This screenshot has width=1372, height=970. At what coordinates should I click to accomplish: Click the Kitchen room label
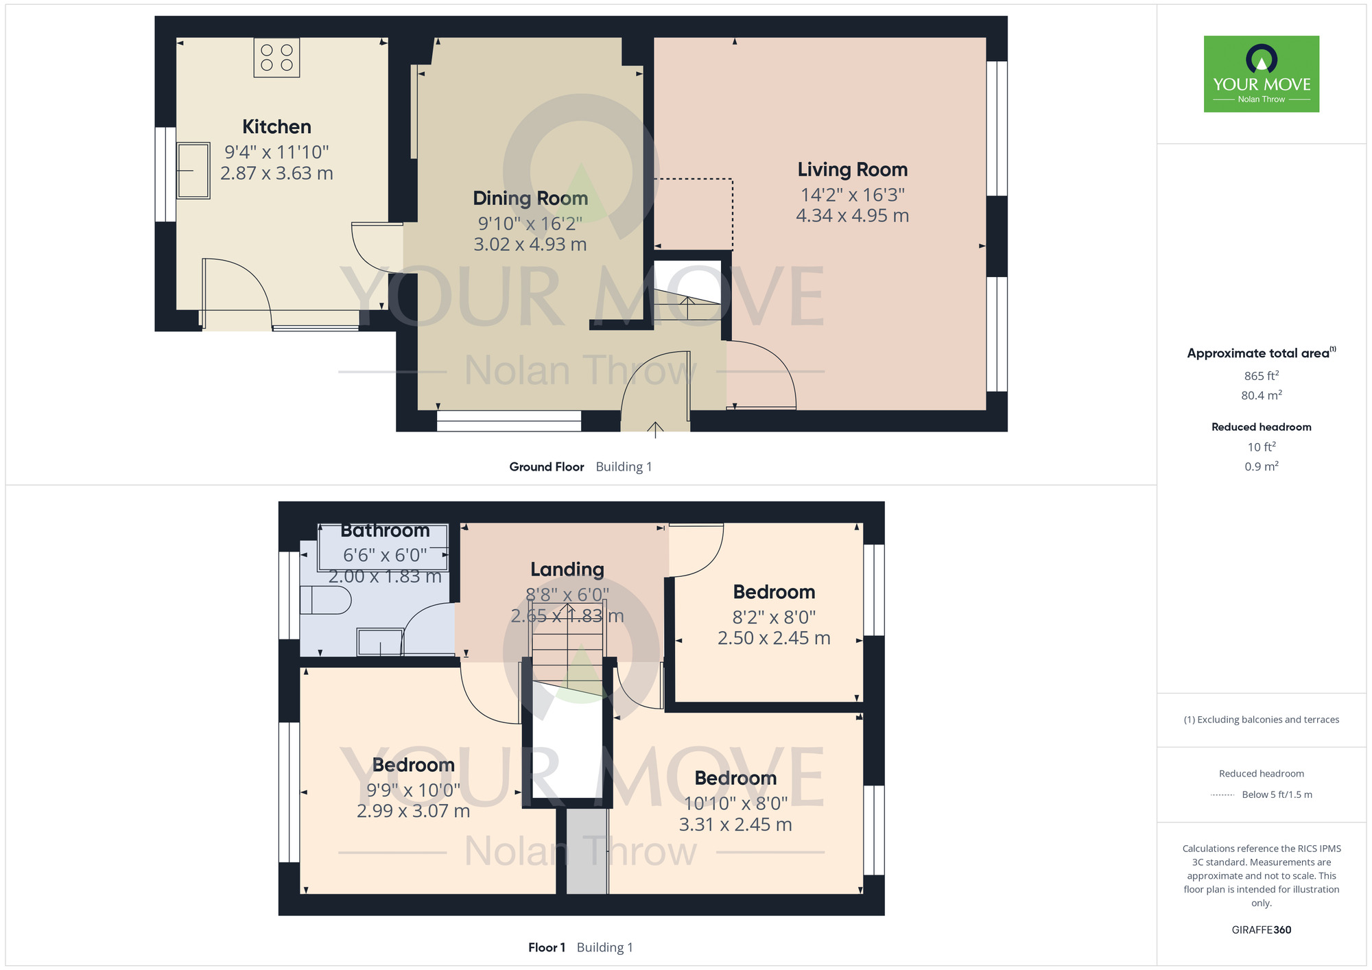pyautogui.click(x=276, y=127)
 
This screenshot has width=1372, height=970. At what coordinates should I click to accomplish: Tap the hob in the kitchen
pyautogui.click(x=276, y=58)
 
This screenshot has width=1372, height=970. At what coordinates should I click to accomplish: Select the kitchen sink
pyautogui.click(x=193, y=170)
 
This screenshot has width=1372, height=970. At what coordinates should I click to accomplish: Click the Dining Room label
pyautogui.click(x=530, y=198)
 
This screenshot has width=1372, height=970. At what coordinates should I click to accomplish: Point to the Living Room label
pyautogui.click(x=852, y=169)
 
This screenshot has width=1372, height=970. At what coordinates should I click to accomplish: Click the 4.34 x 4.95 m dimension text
pyautogui.click(x=852, y=215)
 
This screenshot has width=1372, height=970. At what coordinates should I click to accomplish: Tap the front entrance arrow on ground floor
pyautogui.click(x=656, y=429)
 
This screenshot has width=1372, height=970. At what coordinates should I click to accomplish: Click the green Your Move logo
pyautogui.click(x=1262, y=74)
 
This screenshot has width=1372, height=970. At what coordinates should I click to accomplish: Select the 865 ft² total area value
pyautogui.click(x=1262, y=376)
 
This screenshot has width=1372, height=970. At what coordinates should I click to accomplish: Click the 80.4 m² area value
pyautogui.click(x=1262, y=395)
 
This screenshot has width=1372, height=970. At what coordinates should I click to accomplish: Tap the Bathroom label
pyautogui.click(x=385, y=530)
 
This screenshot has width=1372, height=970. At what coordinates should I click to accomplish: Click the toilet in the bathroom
pyautogui.click(x=326, y=601)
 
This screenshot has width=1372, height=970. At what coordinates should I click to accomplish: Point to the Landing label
pyautogui.click(x=567, y=569)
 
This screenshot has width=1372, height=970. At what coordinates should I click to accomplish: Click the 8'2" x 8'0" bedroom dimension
pyautogui.click(x=774, y=617)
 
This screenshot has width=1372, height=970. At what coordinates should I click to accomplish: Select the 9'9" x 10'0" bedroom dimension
pyautogui.click(x=413, y=790)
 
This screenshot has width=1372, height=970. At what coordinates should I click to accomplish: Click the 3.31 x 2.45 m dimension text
pyautogui.click(x=735, y=825)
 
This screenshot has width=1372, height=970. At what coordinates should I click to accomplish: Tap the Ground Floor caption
pyautogui.click(x=547, y=466)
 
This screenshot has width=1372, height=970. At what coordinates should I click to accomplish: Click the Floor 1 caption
pyautogui.click(x=547, y=947)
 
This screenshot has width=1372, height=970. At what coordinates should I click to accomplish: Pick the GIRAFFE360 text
pyautogui.click(x=1262, y=930)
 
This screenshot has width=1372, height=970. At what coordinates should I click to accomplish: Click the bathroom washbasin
pyautogui.click(x=379, y=642)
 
